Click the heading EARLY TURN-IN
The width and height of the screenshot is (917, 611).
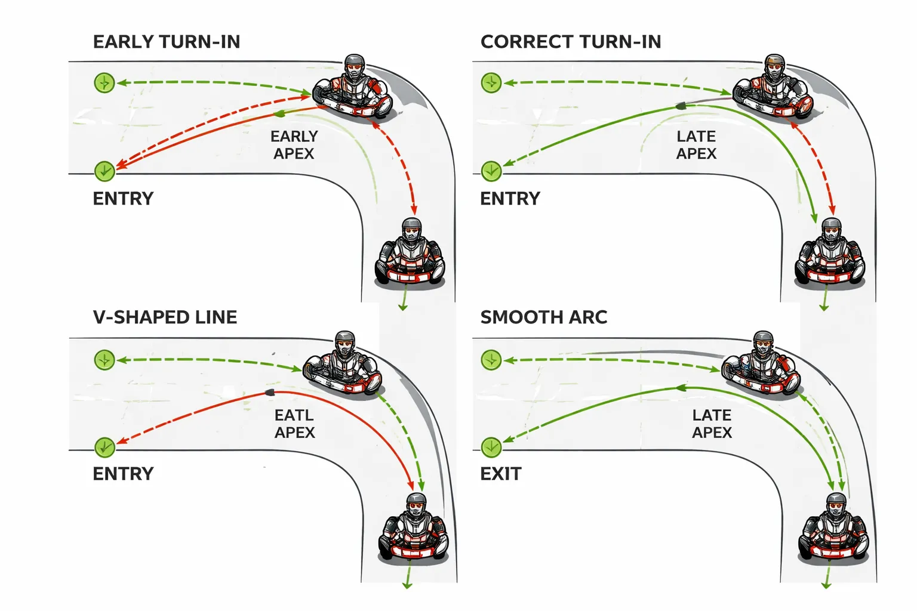pyautogui.click(x=167, y=42)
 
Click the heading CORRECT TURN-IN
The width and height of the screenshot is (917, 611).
pyautogui.click(x=571, y=42)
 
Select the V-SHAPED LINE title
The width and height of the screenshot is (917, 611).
pyautogui.click(x=165, y=317)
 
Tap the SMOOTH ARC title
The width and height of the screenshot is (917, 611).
pyautogui.click(x=544, y=317)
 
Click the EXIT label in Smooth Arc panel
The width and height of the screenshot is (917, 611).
pyautogui.click(x=501, y=474)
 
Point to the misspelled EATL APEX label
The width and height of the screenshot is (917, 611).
pyautogui.click(x=294, y=424)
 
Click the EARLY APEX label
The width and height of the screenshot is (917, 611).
pyautogui.click(x=294, y=145)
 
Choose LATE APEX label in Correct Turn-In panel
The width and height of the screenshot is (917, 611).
pyautogui.click(x=696, y=145)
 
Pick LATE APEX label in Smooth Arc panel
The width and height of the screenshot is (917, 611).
pyautogui.click(x=712, y=424)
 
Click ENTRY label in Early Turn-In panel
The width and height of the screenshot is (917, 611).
pyautogui.click(x=123, y=198)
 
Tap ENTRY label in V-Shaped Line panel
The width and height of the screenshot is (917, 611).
pyautogui.click(x=123, y=474)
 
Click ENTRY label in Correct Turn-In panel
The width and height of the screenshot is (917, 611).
pyautogui.click(x=510, y=198)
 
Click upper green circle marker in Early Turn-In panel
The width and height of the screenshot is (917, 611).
pyautogui.click(x=104, y=82)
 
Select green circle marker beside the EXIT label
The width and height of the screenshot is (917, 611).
pyautogui.click(x=491, y=447)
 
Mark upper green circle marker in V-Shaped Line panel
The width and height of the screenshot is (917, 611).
pyautogui.click(x=104, y=360)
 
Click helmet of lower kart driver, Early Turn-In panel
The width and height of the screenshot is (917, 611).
pyautogui.click(x=411, y=229)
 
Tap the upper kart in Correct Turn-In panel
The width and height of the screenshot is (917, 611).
pyautogui.click(x=772, y=90)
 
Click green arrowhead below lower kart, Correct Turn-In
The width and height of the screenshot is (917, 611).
pyautogui.click(x=824, y=307)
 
